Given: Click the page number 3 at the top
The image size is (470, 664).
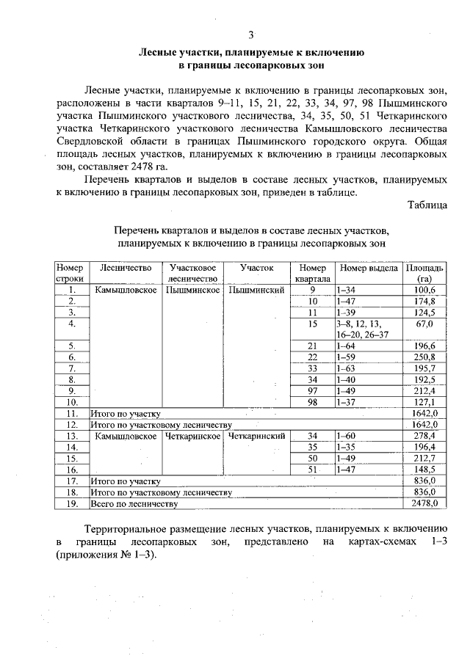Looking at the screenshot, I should [x=250, y=34].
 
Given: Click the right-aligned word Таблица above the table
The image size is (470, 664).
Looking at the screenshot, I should [x=427, y=205].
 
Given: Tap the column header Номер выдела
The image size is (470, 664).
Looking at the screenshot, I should [x=369, y=268].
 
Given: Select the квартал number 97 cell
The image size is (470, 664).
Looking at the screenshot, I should [x=312, y=390].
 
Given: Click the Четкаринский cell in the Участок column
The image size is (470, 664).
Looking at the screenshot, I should [x=256, y=436].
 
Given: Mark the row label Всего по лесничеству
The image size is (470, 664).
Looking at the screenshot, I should [x=134, y=503].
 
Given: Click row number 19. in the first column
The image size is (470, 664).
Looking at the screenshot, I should [x=72, y=503].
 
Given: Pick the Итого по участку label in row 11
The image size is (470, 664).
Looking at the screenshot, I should [x=125, y=413].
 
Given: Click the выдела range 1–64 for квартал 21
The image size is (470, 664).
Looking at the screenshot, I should [x=346, y=346].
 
